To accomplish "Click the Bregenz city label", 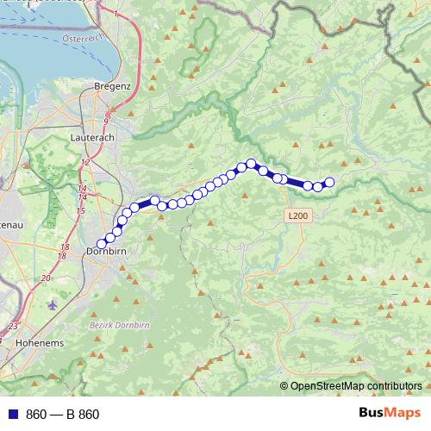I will click(x=113, y=86).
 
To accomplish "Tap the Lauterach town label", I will click(x=91, y=137).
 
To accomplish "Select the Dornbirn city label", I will click(x=108, y=252).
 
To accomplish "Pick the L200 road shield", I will click(x=297, y=215).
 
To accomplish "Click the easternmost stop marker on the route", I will click(x=328, y=182).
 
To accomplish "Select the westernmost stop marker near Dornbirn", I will click(x=102, y=244).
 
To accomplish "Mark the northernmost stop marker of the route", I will click(x=251, y=163).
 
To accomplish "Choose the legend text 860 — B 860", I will click(x=63, y=415).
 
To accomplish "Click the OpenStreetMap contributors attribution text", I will click(x=356, y=386).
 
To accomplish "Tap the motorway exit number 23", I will click(x=12, y=326).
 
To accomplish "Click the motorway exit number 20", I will click(x=45, y=278).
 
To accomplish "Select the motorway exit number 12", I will click(x=86, y=162).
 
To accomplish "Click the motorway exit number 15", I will click(x=80, y=209).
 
